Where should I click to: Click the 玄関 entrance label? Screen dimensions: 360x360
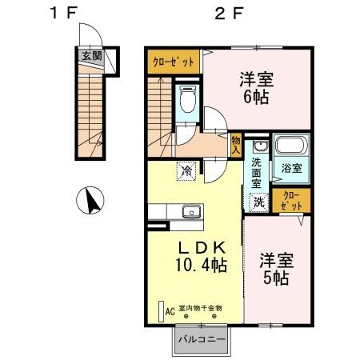[90, 57]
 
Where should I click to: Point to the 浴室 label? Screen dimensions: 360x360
[291, 169]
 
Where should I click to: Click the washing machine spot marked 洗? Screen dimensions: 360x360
[259, 202]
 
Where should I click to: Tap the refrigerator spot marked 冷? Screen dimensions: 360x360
[186, 170]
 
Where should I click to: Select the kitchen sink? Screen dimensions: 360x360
[190, 212]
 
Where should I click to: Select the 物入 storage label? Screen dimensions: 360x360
[236, 144]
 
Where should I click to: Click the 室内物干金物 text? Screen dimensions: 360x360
[200, 307]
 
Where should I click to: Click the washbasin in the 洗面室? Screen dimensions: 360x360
[260, 147]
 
